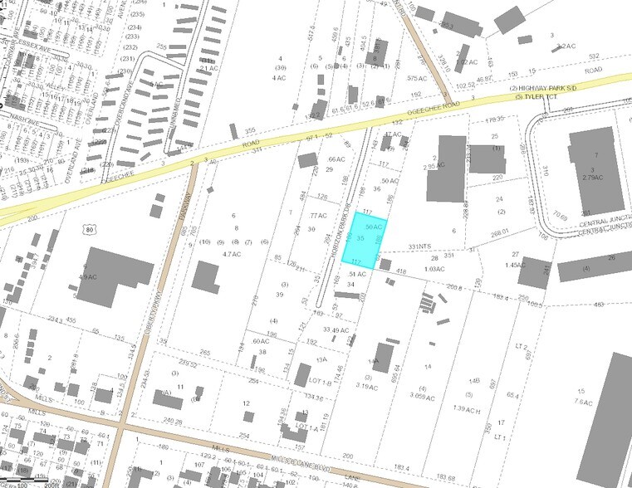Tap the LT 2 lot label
(522, 345)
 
